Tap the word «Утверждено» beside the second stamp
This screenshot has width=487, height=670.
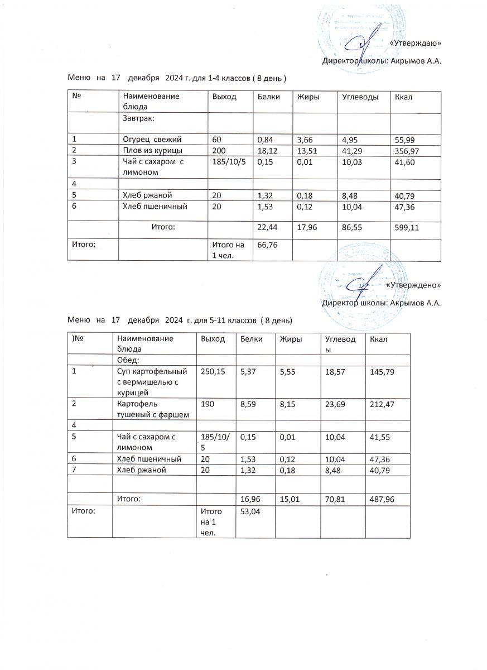click(413, 285)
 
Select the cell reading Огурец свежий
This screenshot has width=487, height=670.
click(152, 139)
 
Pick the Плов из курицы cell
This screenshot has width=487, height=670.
click(152, 151)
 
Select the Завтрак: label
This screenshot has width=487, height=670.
click(139, 118)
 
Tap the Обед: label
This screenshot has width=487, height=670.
click(128, 360)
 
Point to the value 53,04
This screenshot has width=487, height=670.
click(249, 511)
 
